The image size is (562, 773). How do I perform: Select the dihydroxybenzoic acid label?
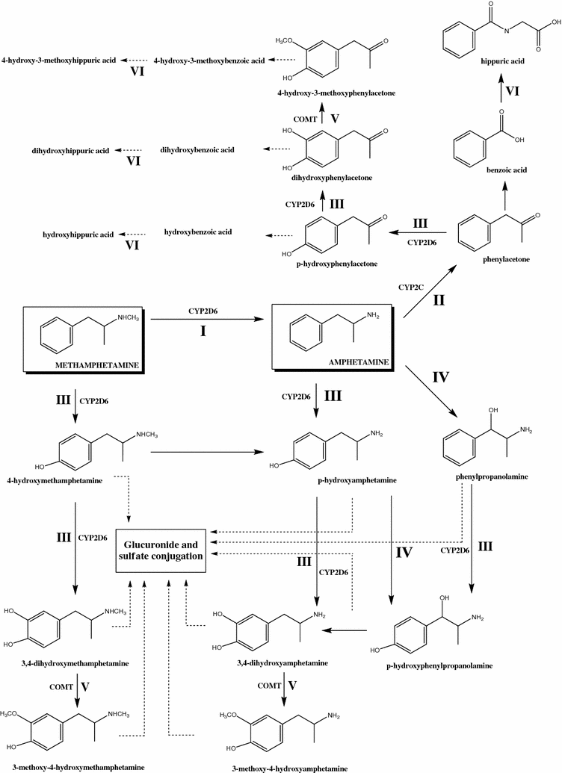(197, 150)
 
